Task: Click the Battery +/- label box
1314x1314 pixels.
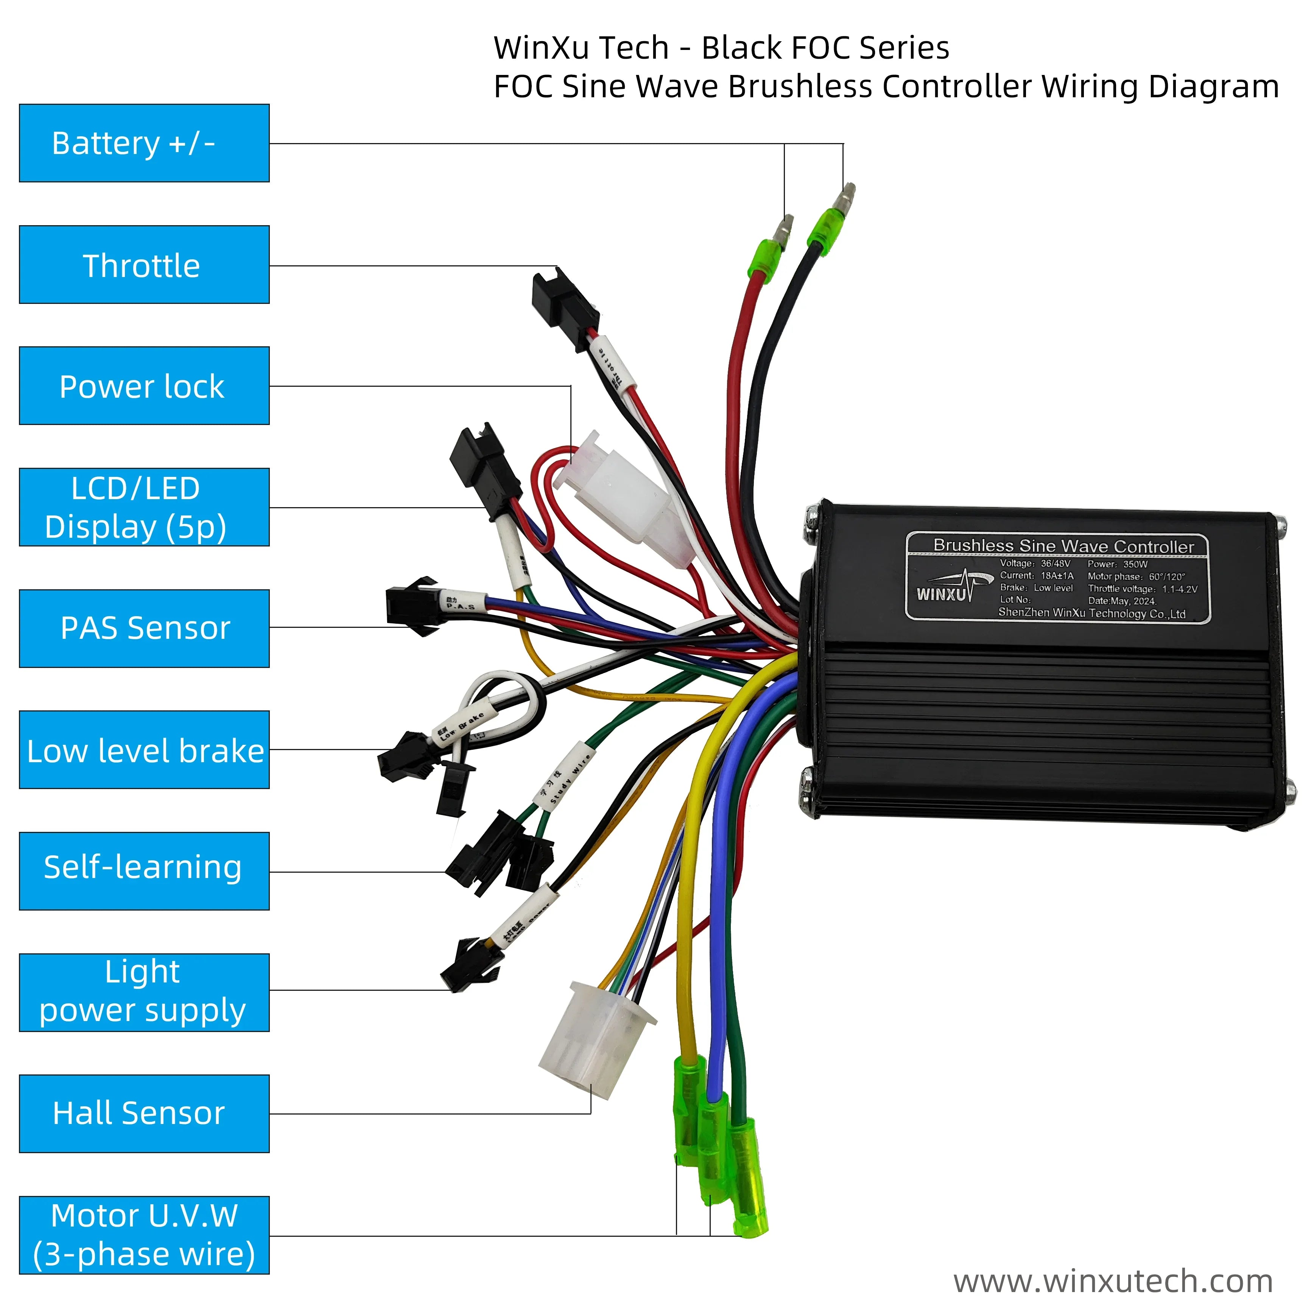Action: (x=144, y=143)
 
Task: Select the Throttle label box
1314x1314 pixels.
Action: (x=144, y=265)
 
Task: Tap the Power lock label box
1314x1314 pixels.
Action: (x=144, y=386)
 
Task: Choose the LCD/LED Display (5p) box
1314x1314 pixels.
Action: (x=144, y=508)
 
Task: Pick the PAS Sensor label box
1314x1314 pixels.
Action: (x=144, y=629)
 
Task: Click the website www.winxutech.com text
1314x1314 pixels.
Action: (x=1113, y=1281)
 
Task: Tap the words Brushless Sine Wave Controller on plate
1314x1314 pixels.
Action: (x=1063, y=546)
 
